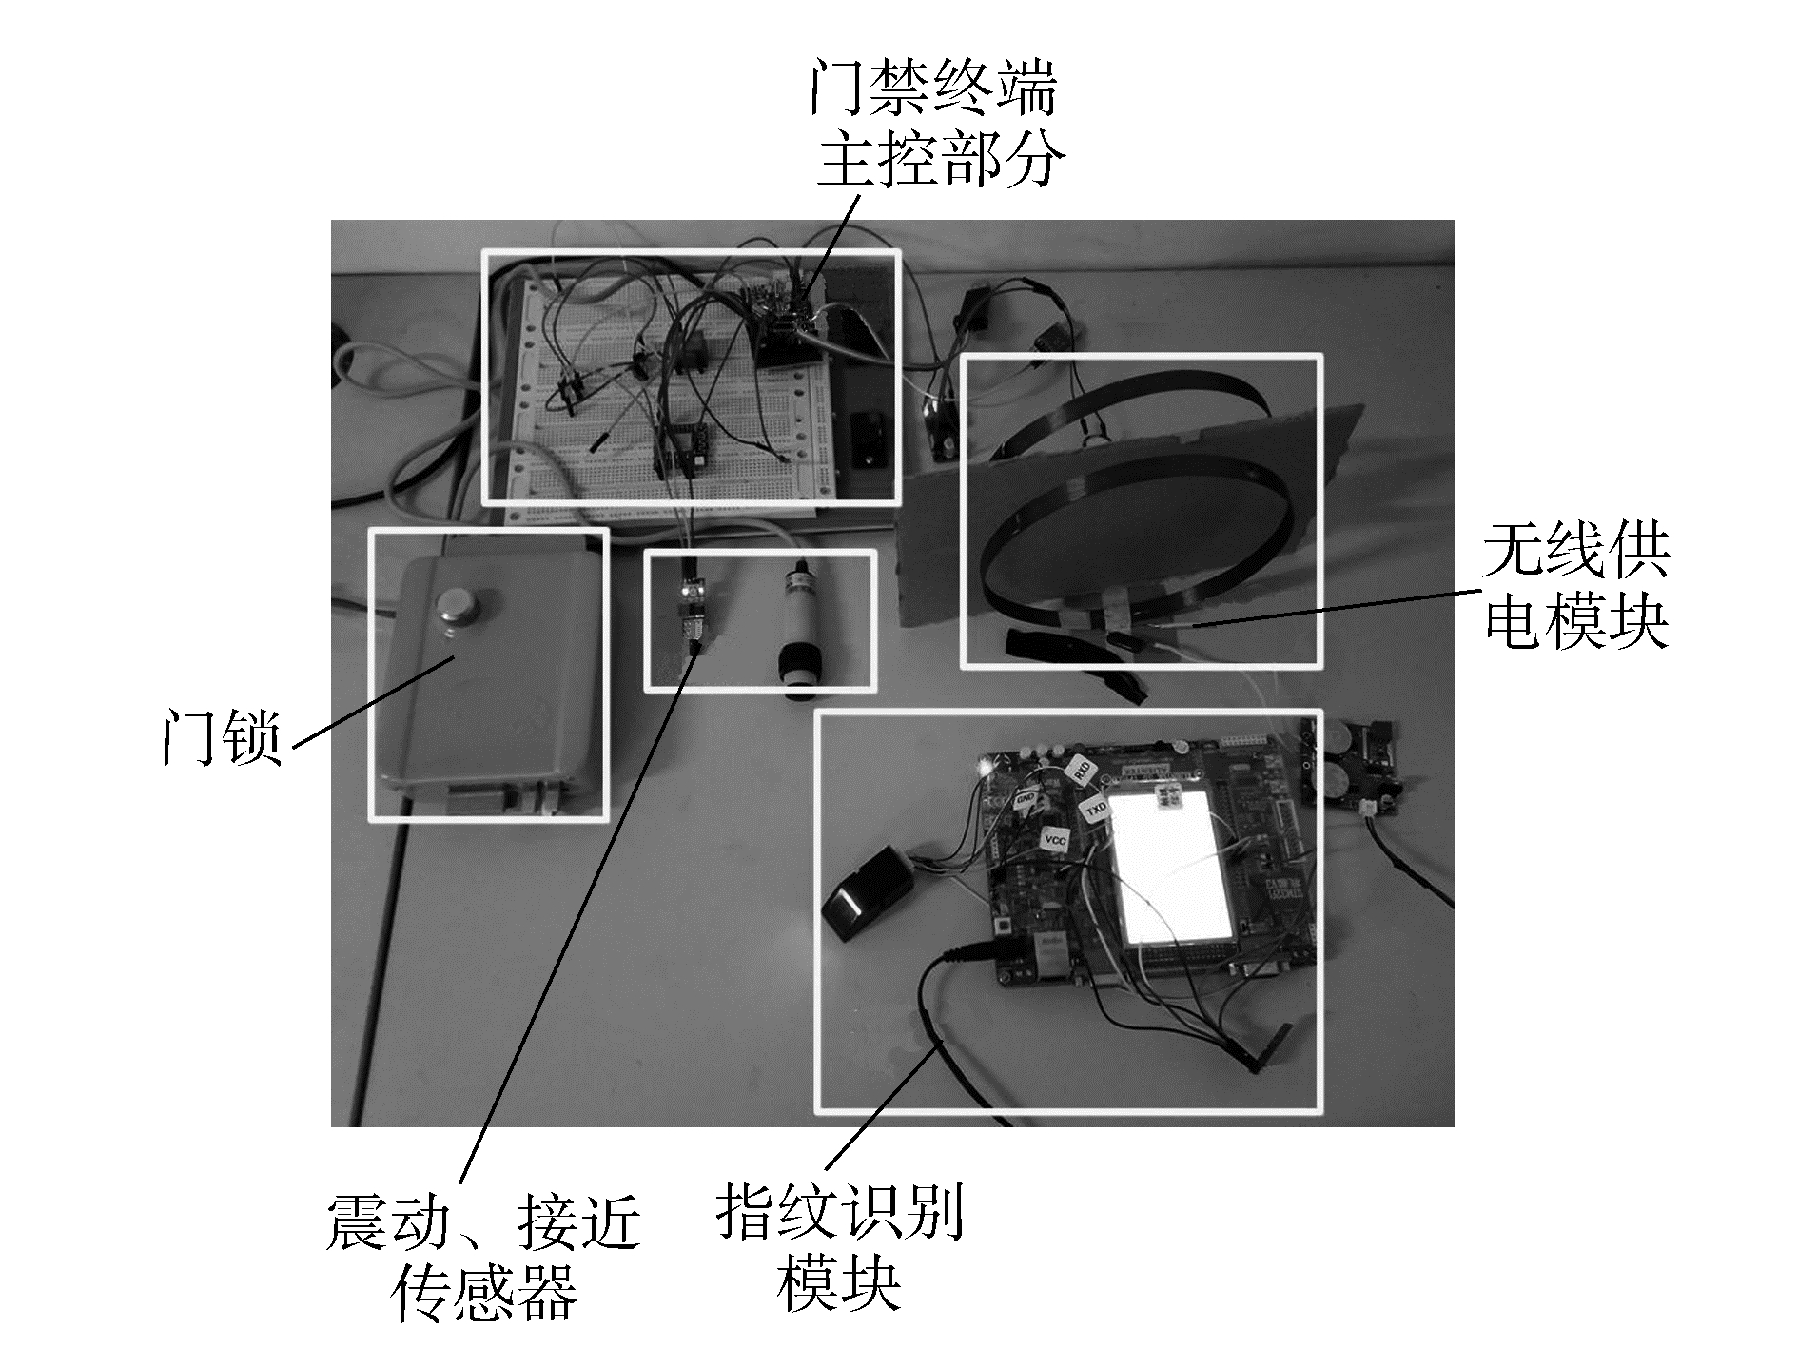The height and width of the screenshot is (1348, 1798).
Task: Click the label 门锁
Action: pos(222,734)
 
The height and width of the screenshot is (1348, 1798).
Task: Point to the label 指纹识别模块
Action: pos(839,1246)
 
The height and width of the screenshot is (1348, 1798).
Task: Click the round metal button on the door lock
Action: pos(459,609)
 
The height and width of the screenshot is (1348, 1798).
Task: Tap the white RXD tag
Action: pos(1082,771)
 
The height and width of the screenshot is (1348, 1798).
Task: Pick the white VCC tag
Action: pos(1053,840)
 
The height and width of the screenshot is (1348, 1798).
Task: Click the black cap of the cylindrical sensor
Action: pos(797,674)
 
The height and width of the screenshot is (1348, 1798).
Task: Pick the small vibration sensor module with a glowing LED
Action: pos(690,604)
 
